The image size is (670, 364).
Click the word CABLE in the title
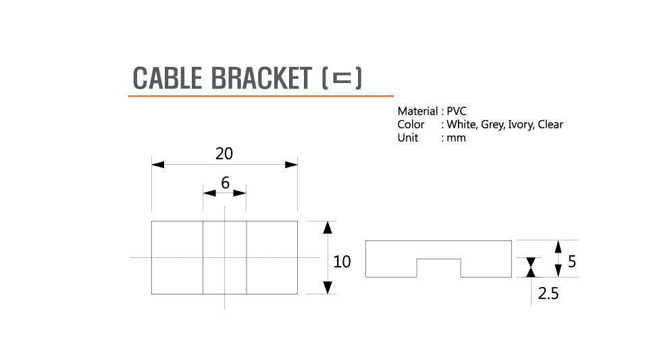click(x=167, y=78)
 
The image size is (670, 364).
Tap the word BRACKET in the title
click(x=260, y=78)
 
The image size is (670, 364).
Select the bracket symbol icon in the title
click(x=342, y=78)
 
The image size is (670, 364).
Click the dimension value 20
click(x=224, y=153)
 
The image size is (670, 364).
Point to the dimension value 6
click(x=225, y=182)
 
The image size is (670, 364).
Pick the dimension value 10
click(x=342, y=261)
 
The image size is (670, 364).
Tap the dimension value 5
click(x=571, y=261)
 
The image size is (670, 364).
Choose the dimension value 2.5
click(x=548, y=294)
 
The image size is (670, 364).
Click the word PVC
click(x=457, y=111)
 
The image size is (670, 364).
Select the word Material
click(x=417, y=111)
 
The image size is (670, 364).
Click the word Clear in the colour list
click(x=550, y=124)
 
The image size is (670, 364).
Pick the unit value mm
click(x=457, y=138)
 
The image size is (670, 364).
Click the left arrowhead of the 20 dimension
click(x=157, y=164)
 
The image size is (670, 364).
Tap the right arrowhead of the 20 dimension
click(x=292, y=164)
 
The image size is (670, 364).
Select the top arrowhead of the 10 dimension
click(x=328, y=227)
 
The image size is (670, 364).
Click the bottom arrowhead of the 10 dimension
click(x=328, y=288)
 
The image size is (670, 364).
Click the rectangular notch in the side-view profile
click(x=438, y=268)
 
